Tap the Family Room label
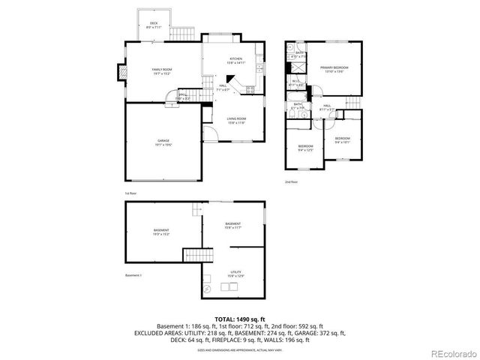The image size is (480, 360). coord(163,72)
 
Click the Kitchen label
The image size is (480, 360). coord(235,59)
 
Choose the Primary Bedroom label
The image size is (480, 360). coord(334,70)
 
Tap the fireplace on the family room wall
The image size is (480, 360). coord(120,73)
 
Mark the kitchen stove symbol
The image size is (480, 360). coord(250,89)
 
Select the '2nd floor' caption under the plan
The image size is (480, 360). coord(291,182)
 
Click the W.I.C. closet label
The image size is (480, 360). coord(297,82)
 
